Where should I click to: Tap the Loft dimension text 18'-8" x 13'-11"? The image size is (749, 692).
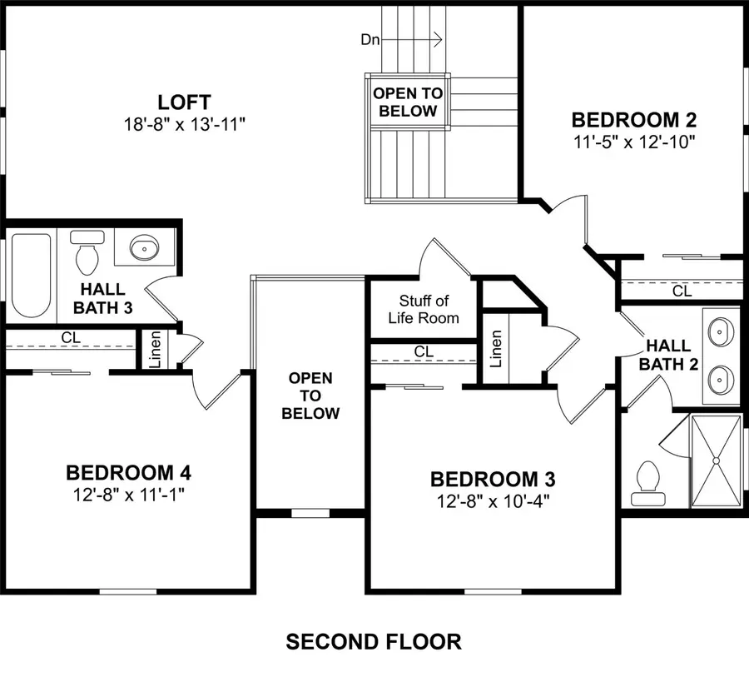[185, 123]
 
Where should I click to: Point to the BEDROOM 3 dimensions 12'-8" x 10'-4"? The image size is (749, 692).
[492, 500]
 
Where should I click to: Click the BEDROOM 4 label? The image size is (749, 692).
[129, 473]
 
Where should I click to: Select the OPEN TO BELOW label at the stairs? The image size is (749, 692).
[407, 102]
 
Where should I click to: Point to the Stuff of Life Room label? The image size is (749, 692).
[424, 309]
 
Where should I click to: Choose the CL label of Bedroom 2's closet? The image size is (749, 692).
[682, 291]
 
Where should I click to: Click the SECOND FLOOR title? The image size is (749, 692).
[374, 641]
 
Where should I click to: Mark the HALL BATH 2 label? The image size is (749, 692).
[668, 353]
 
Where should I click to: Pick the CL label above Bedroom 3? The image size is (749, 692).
[424, 351]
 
